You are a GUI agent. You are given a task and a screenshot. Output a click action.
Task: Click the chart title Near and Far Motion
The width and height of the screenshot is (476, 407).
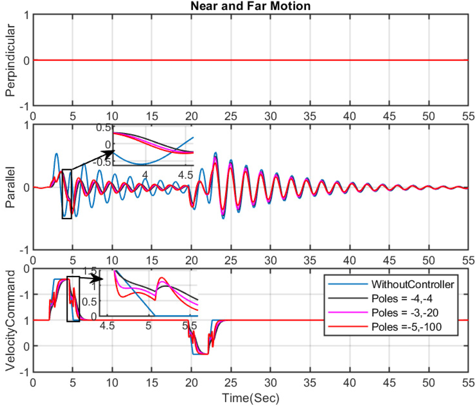click(x=250, y=6)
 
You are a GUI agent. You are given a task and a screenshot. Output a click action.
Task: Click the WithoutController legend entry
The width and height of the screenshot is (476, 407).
click(x=412, y=284)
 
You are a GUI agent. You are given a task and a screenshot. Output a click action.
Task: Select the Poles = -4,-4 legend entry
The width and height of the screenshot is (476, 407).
click(x=402, y=298)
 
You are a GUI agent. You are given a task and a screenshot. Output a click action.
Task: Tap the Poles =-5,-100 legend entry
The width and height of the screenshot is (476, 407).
click(x=407, y=327)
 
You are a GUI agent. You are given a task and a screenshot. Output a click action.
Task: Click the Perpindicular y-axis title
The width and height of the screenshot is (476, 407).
click(x=10, y=60)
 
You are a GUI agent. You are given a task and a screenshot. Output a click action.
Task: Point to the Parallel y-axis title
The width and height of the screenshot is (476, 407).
click(x=10, y=187)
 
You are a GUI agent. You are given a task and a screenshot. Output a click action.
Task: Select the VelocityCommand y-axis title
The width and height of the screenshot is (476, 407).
click(x=10, y=321)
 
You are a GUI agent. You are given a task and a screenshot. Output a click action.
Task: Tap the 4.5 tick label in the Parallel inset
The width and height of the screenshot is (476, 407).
click(x=185, y=175)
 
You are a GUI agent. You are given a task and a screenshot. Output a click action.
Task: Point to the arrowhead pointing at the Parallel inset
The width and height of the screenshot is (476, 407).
click(x=109, y=154)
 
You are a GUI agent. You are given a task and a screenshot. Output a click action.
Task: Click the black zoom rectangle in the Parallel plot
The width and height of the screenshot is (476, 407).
click(x=67, y=194)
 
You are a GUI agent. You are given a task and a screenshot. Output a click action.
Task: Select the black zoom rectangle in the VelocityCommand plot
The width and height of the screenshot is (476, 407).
click(x=73, y=299)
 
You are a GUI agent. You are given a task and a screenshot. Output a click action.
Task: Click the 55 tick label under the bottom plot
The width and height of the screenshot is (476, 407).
click(x=468, y=383)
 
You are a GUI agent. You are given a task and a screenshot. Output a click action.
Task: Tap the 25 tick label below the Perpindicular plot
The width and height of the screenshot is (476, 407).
click(x=231, y=117)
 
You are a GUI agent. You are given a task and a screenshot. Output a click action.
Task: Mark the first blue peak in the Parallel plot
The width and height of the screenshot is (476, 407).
click(x=57, y=154)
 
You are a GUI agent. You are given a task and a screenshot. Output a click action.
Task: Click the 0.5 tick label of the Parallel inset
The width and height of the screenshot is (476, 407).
click(x=103, y=128)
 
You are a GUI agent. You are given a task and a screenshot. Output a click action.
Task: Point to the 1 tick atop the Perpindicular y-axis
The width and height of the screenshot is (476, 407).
click(x=26, y=16)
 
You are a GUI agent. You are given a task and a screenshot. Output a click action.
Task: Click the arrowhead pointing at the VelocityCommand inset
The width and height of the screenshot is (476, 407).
click(x=98, y=278)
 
